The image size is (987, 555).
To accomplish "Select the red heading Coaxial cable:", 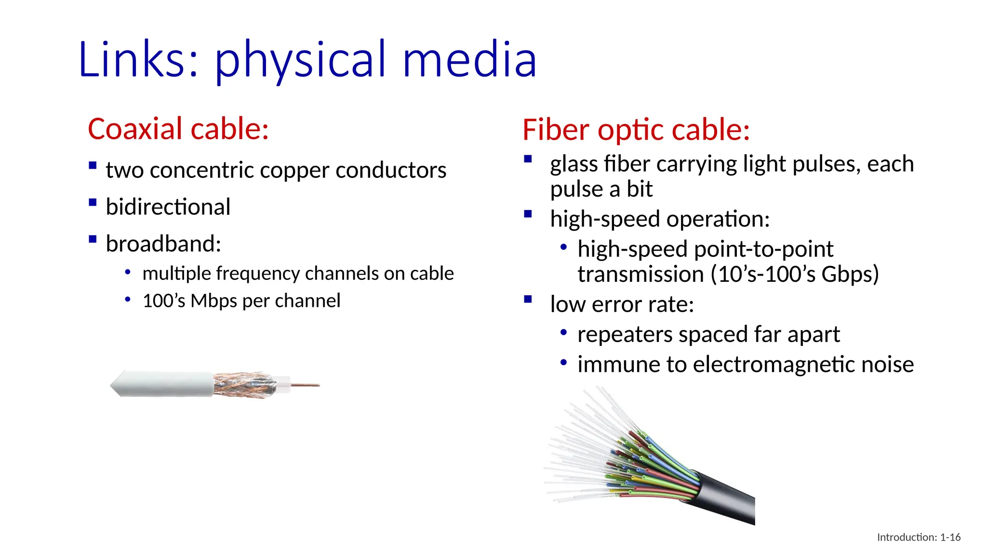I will pos(178,129).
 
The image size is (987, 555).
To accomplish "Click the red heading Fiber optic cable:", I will pos(636,130).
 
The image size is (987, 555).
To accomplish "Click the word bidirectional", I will pos(168,207).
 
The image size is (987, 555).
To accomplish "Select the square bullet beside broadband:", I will pos(93,239).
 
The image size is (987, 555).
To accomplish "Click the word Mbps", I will pos(213,301).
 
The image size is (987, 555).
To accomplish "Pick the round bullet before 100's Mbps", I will pos(128,300).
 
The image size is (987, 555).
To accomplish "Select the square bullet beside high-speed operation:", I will pos(528,214).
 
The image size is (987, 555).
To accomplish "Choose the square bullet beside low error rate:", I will pos(528,299).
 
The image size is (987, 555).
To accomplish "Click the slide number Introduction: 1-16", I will pos(919,537).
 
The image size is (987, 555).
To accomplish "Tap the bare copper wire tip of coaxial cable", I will pos(307,385).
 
